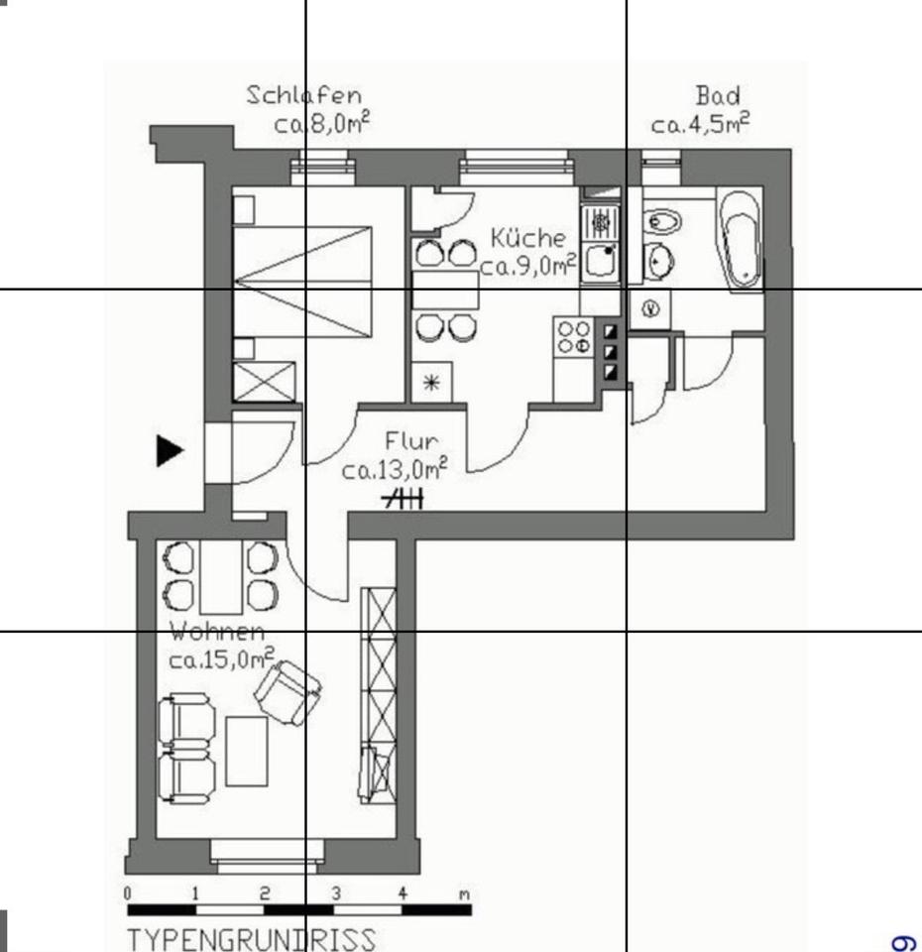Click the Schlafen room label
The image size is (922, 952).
click(303, 95)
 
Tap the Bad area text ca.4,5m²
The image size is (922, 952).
click(700, 125)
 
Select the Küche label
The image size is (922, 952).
click(528, 238)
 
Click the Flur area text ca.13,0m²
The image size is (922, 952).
click(394, 469)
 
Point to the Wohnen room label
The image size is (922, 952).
click(217, 632)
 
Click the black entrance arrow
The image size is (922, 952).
click(171, 450)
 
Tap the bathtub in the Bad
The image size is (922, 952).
click(740, 238)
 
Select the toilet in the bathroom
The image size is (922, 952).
click(660, 221)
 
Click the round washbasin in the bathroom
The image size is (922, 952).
click(660, 263)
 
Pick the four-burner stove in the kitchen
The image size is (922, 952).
click(574, 336)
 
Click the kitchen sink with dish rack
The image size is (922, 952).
click(600, 243)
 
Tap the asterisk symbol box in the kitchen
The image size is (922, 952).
click(431, 383)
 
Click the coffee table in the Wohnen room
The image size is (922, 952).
click(247, 751)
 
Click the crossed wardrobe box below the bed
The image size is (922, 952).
click(264, 382)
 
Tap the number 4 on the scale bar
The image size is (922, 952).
click(403, 893)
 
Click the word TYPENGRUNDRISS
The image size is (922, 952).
click(252, 938)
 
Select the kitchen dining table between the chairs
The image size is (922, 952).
click(445, 290)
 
